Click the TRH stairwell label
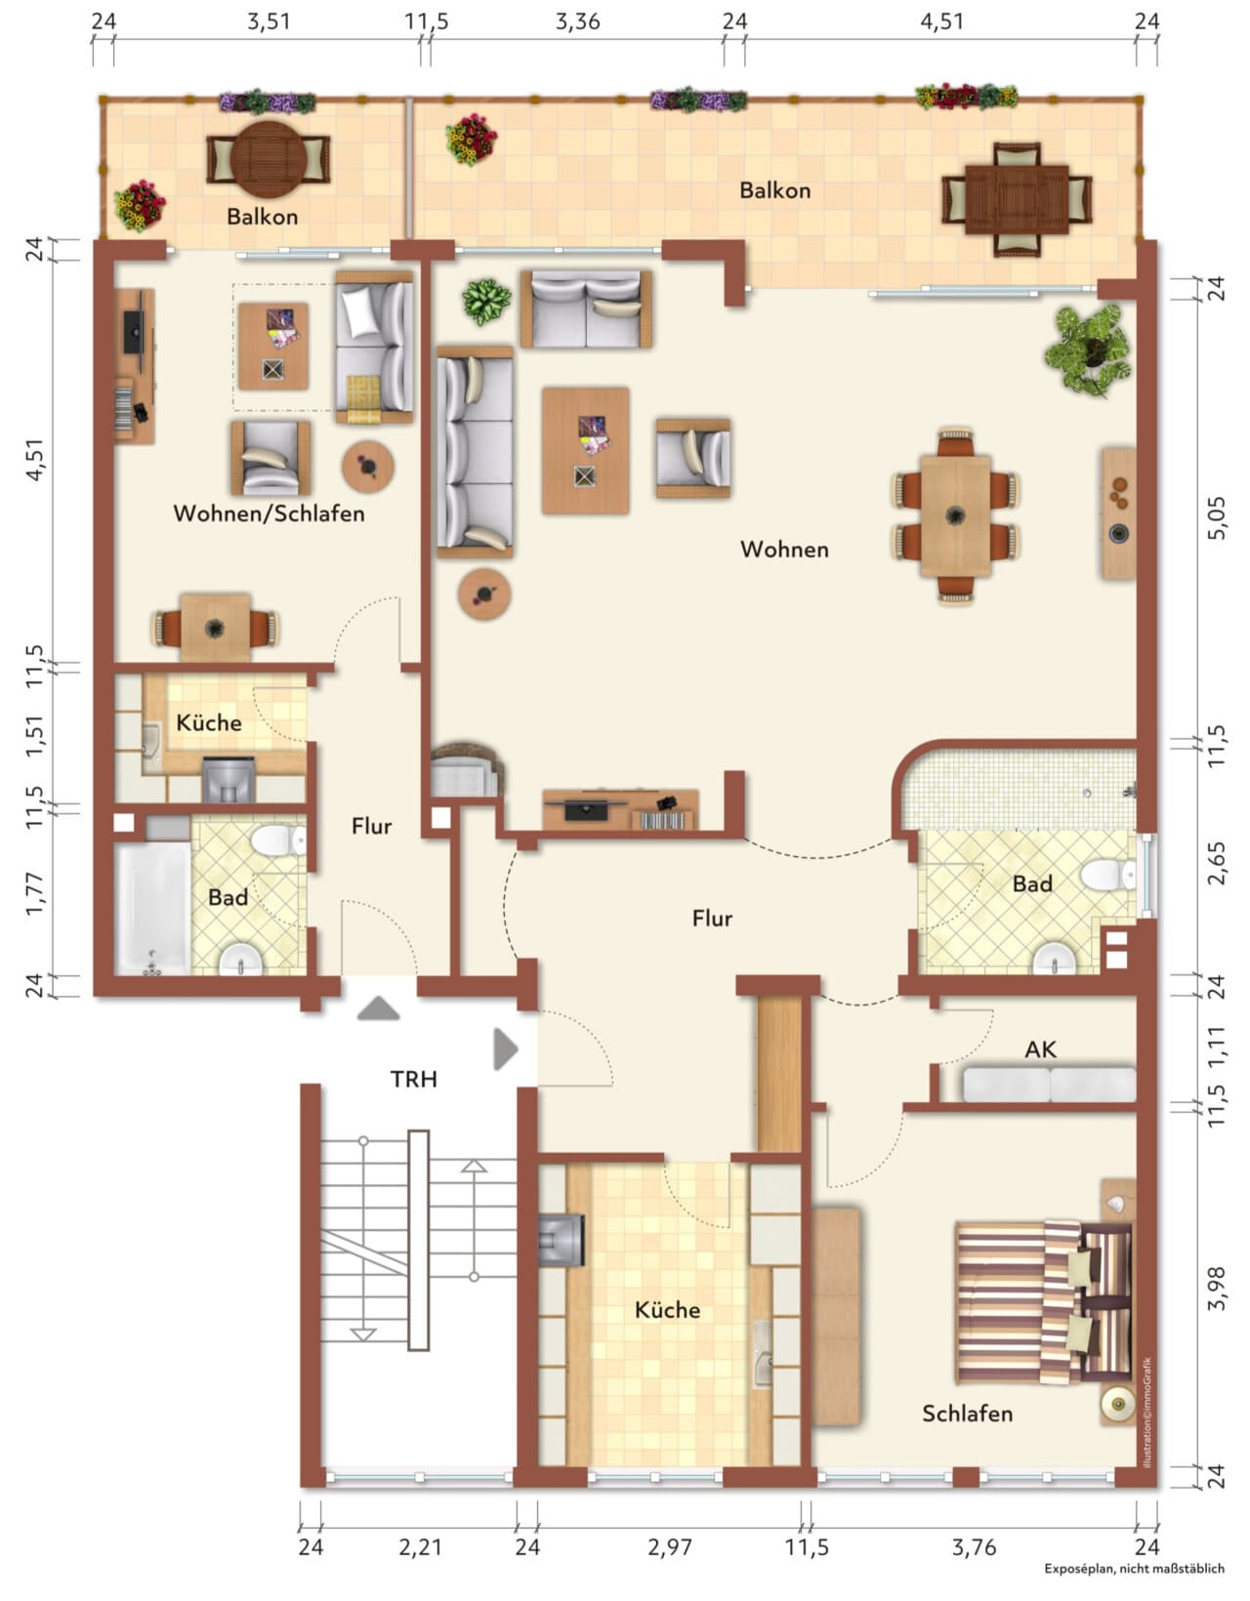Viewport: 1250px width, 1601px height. click(413, 1079)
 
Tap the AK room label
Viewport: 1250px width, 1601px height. click(1040, 1049)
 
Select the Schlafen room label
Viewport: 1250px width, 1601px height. click(967, 1414)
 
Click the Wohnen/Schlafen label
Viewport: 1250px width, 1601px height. click(269, 513)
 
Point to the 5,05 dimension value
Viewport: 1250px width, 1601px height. click(1218, 518)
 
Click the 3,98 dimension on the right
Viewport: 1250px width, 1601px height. click(1218, 1289)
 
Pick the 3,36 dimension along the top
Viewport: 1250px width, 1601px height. click(578, 21)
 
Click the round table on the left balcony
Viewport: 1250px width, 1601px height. click(269, 159)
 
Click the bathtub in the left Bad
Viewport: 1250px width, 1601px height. click(152, 908)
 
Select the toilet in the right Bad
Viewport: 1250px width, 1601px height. click(1108, 876)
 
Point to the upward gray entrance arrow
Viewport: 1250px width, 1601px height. click(378, 1008)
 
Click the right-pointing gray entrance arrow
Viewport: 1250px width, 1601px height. click(506, 1048)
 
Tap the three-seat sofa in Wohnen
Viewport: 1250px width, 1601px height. click(475, 452)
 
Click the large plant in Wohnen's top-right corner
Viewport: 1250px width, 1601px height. click(1088, 349)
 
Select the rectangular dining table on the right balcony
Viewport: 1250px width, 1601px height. click(1017, 199)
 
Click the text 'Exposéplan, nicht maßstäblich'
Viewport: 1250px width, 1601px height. click(1135, 1589)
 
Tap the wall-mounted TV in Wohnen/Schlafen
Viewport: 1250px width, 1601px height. click(133, 332)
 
